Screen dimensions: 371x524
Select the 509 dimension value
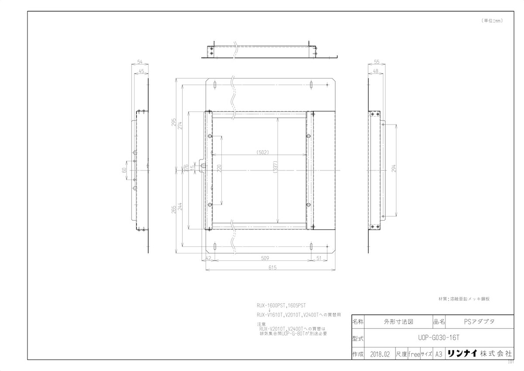[x=265, y=258]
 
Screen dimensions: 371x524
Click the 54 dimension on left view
[x=140, y=62]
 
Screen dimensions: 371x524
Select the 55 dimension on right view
[x=377, y=62]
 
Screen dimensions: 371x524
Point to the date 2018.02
[x=379, y=354]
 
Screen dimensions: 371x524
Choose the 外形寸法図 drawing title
[x=398, y=322]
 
